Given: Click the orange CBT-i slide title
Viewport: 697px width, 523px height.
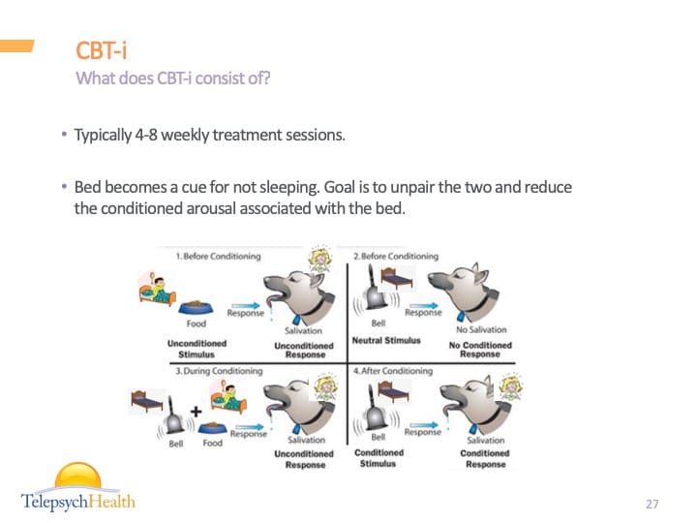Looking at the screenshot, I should pos(102,50).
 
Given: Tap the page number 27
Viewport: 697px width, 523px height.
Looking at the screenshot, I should pos(652,504).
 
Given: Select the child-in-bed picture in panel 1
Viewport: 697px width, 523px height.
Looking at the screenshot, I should pos(159,290).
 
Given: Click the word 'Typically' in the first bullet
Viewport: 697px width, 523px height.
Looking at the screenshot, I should pos(102,135).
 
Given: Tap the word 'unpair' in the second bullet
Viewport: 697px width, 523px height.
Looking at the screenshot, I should pos(450,186).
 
